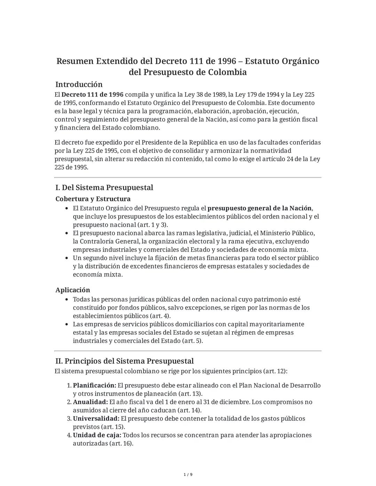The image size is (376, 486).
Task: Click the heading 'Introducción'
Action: [79, 85]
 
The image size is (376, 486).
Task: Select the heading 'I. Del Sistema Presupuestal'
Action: [104, 188]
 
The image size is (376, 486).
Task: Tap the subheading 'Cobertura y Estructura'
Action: [93, 199]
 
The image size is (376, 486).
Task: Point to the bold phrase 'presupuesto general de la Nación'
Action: [259, 208]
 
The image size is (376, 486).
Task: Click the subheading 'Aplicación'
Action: [73, 290]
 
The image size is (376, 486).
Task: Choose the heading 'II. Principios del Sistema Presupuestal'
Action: [124, 361]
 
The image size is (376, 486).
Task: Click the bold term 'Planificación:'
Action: [94, 385]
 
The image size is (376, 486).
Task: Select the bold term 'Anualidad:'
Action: [90, 402]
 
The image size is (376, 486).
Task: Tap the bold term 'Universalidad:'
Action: [96, 419]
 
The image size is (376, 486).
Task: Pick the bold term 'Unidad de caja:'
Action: [97, 435]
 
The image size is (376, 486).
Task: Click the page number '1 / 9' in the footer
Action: [188, 475]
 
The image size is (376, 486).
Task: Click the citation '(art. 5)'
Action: [192, 341]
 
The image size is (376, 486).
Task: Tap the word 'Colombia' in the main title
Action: [227, 72]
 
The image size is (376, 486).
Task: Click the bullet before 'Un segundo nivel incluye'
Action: [67, 258]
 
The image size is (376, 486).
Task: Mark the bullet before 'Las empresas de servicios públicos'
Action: [67, 324]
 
